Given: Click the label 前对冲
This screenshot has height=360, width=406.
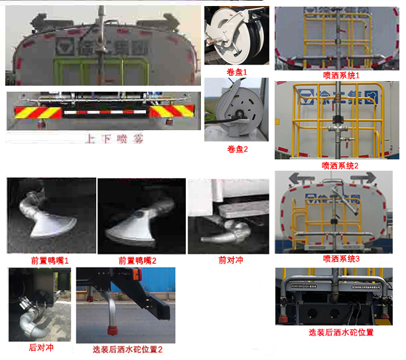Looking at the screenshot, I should pyautogui.click(x=230, y=260).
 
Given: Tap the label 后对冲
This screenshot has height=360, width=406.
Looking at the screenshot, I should pyautogui.click(x=41, y=347).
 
